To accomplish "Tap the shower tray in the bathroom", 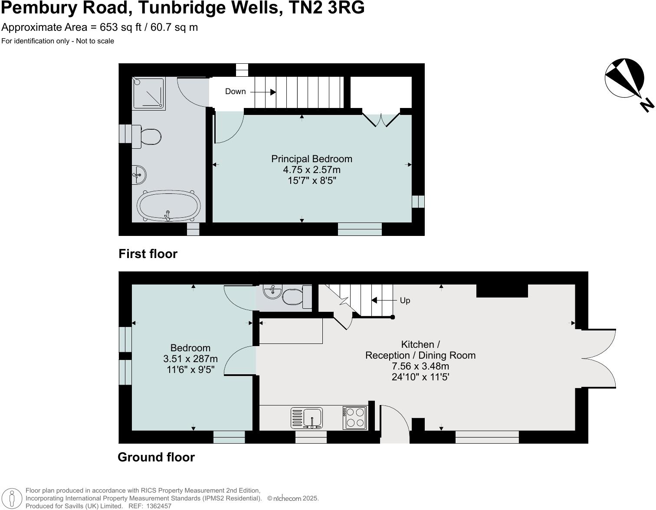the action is (149, 93).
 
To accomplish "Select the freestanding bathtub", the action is (169, 206).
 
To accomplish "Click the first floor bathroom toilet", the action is (146, 137).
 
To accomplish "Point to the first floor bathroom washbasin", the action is (139, 175).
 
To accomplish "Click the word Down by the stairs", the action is (236, 92).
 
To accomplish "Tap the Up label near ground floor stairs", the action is (405, 300).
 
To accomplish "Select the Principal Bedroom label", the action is (312, 159).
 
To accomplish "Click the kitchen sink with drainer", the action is (307, 418).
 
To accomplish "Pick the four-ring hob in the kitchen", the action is (355, 418).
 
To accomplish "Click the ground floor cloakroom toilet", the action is (297, 297).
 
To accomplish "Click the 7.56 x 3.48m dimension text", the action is (420, 366).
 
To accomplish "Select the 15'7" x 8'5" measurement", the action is (312, 180).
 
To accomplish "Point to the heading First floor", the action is (148, 254).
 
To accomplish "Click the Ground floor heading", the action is (156, 457).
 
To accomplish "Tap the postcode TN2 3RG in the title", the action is (327, 7).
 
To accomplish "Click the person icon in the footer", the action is (12, 498).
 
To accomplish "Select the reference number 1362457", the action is (159, 506).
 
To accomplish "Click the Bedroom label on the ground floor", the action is (190, 348).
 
